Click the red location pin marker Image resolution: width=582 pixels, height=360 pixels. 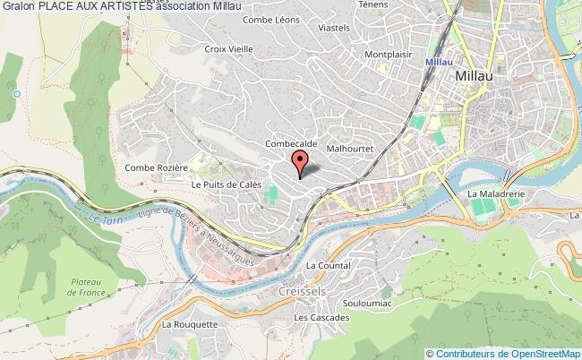tap(300, 163)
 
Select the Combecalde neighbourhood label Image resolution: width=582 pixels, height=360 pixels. tap(288, 142)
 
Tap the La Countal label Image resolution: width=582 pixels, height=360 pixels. tap(327, 265)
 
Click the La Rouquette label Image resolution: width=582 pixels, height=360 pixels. tap(189, 324)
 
